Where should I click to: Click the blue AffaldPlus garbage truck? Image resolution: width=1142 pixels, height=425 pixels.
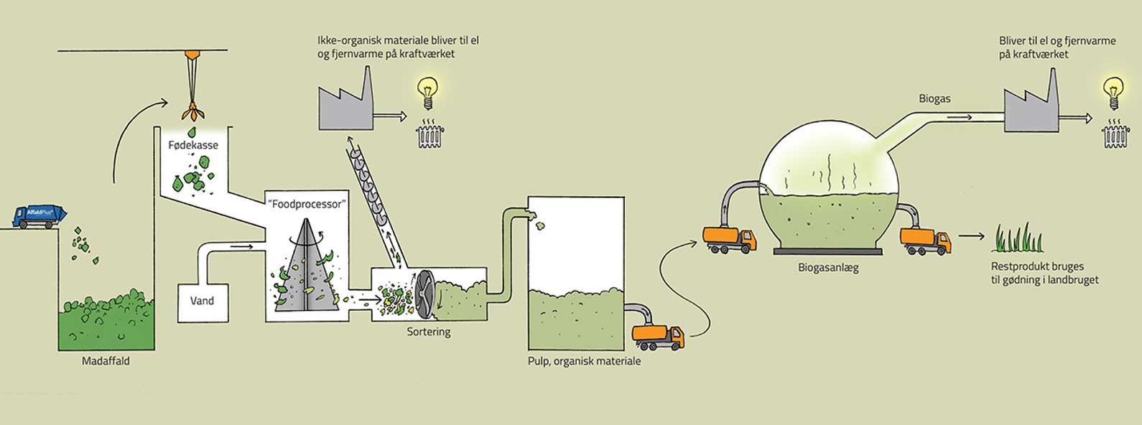point(40,216)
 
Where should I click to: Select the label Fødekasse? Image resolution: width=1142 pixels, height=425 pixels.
point(193,145)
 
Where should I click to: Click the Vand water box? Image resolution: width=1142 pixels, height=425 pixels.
point(202,301)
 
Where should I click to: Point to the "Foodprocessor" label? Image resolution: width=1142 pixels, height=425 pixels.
point(307,204)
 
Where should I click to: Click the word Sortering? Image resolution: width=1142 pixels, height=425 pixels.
point(429,332)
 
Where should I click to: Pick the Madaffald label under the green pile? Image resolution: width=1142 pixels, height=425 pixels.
point(106,361)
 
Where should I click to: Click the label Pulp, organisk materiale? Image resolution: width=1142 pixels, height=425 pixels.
point(584,361)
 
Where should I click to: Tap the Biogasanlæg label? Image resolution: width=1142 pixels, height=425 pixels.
point(828,268)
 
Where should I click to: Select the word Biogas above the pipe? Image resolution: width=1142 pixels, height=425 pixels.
point(934,98)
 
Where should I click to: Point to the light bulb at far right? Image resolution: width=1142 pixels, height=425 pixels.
point(1113,91)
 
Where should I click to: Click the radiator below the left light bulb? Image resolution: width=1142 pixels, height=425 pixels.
point(429,134)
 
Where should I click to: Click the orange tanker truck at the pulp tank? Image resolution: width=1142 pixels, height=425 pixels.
point(658,337)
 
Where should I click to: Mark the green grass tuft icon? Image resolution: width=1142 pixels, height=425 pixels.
point(1017,238)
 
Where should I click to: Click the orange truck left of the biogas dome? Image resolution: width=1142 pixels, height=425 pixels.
point(728,240)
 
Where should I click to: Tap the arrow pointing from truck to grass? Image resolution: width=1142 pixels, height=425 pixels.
point(970,235)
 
